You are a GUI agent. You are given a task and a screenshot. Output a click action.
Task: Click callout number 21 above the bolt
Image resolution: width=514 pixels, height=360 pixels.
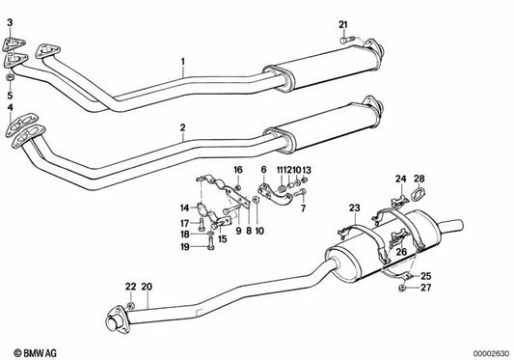coord(343,25)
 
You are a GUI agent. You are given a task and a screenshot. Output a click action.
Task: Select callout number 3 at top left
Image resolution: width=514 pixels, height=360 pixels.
coord(11,22)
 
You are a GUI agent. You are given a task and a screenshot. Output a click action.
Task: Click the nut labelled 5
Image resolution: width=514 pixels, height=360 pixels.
coord(11,78)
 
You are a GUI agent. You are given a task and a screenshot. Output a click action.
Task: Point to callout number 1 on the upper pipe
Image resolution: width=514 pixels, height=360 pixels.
coord(183,62)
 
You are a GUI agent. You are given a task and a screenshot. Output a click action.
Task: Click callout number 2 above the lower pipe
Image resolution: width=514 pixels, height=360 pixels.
coord(183,127)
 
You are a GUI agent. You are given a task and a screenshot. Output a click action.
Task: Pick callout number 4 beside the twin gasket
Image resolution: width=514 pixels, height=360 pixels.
coord(11,108)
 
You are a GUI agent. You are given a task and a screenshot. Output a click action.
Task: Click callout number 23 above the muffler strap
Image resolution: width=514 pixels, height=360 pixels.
coord(354,208)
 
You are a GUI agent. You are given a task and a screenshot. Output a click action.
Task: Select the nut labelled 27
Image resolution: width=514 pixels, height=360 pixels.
coord(401,289)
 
